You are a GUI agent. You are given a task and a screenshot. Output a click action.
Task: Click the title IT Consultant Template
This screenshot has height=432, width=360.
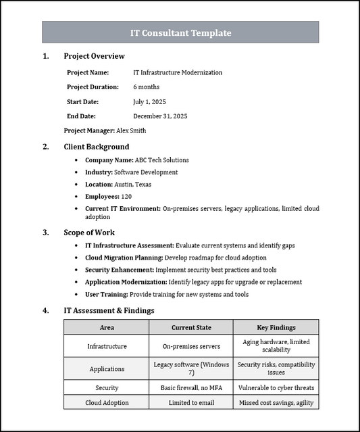pos(180,32)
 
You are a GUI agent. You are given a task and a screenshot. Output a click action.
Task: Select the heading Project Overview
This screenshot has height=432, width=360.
pos(94,56)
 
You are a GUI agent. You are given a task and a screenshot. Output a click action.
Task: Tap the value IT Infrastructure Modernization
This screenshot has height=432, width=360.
pos(178,72)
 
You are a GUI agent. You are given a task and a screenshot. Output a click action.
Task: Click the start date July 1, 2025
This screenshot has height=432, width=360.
pos(149,101)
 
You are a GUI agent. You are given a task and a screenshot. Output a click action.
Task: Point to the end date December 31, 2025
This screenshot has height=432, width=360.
pos(160,116)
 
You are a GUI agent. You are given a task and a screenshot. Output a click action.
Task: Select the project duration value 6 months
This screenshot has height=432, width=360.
pos(146,87)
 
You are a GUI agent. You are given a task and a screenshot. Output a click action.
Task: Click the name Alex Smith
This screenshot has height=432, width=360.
pos(131,130)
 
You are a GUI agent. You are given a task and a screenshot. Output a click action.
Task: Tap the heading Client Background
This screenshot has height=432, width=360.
pos(97,147)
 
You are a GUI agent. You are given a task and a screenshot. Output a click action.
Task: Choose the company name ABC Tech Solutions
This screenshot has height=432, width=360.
pos(162,160)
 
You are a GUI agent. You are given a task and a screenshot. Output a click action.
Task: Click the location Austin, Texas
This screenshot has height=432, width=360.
pos(133,185)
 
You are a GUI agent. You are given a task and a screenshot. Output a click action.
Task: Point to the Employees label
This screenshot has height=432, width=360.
pos(102,196)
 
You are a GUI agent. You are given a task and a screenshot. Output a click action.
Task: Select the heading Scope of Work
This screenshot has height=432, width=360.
pos(89,233)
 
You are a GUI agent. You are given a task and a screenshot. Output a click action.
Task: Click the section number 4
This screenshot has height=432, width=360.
pos(45,310)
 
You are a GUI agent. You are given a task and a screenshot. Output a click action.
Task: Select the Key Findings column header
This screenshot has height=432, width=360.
pos(276,327)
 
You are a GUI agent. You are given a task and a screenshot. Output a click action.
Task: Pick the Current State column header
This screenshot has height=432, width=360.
pos(191,327)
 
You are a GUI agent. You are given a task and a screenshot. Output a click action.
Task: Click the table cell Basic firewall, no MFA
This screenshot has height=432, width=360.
pos(191,388)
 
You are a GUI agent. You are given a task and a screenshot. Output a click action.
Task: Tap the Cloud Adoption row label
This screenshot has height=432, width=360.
pos(107,402)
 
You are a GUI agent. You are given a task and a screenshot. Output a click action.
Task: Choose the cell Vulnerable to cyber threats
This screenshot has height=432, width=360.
pos(276,388)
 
